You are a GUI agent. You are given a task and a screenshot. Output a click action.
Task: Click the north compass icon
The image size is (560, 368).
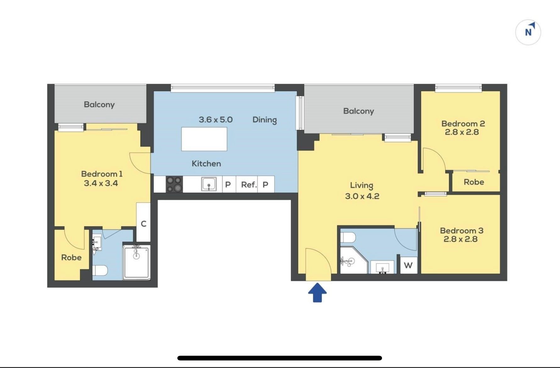point(528,32)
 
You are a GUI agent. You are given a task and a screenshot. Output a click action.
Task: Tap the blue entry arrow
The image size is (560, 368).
point(317,293)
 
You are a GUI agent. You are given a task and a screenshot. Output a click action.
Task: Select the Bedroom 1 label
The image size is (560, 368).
point(102,174)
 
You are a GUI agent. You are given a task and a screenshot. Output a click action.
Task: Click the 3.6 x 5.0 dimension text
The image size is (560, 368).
point(216,120)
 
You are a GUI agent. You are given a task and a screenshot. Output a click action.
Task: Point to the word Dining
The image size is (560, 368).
point(265,120)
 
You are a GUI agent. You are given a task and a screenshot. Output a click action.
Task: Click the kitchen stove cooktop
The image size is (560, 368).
point(174,184)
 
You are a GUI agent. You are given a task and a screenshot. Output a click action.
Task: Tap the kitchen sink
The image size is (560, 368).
point(209,184)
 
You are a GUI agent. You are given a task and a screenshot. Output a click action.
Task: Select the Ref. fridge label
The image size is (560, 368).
point(249,185)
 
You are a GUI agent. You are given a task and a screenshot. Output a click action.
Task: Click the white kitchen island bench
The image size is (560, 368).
point(204,139)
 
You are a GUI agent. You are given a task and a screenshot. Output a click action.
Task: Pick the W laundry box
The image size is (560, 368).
point(408,265)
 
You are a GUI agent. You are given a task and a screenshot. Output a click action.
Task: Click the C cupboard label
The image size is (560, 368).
point(144,224)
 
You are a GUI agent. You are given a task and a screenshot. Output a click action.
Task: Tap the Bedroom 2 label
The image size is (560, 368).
point(463,124)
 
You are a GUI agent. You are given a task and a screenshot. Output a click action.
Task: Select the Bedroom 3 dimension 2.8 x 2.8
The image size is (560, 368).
point(461,239)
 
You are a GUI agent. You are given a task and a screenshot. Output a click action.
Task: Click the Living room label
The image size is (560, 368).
point(362,185)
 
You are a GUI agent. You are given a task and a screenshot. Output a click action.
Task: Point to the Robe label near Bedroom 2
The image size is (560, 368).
point(474,182)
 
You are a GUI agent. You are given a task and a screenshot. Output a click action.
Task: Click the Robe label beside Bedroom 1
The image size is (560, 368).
point(71,257)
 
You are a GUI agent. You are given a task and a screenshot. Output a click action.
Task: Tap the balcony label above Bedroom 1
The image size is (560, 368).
point(99,105)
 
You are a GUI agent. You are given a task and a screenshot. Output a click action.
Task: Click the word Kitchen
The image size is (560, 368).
point(206,164)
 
